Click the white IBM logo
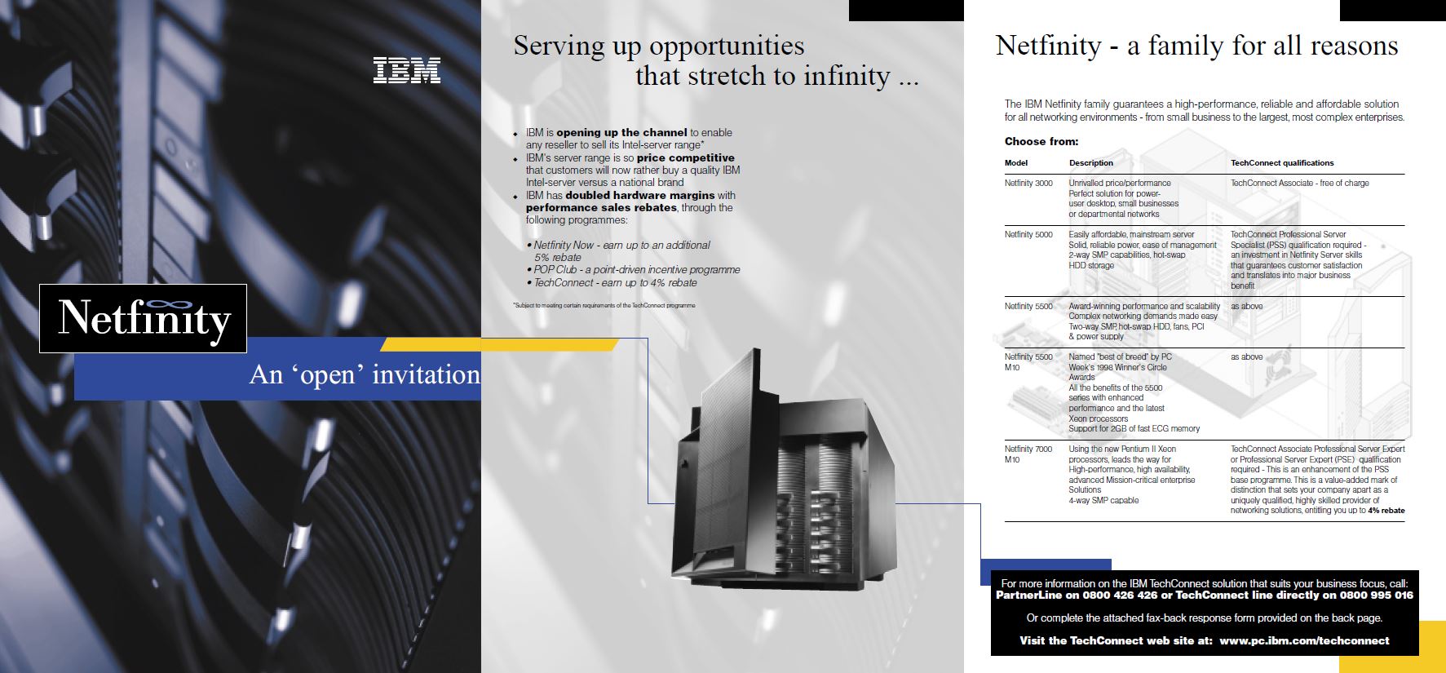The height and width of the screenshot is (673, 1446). (407, 70)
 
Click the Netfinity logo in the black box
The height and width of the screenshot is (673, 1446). (143, 318)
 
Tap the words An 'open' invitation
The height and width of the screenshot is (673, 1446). (365, 374)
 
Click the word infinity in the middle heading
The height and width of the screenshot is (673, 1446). (847, 76)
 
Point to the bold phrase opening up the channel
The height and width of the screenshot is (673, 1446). (621, 132)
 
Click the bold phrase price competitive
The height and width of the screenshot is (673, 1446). (685, 157)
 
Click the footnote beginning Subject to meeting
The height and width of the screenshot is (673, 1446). (604, 305)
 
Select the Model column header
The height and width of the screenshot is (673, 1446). (1016, 163)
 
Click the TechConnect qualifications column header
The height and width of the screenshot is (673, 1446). (1282, 163)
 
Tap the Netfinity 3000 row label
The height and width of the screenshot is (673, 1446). (1028, 184)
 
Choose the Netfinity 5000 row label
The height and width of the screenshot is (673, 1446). (1028, 235)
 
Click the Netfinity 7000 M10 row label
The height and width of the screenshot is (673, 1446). (1028, 454)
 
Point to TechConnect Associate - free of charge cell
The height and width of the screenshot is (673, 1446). (1300, 184)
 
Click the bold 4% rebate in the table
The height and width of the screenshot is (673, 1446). (1386, 511)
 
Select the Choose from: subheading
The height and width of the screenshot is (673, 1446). (1041, 141)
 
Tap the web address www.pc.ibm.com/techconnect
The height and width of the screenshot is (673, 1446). (1304, 641)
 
